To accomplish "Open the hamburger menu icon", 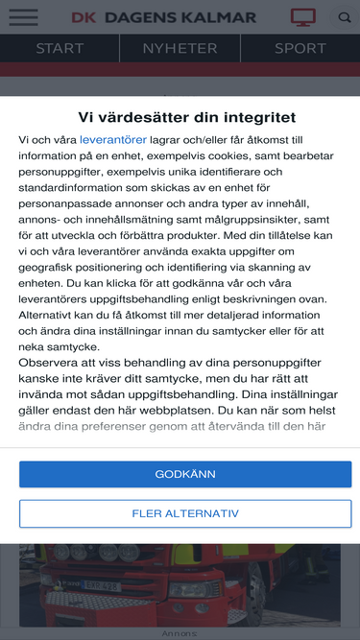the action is [23, 17].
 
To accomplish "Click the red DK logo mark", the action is [84, 17].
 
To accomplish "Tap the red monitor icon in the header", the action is [303, 17].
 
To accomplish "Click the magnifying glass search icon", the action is [345, 17].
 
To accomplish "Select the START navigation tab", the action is [60, 48].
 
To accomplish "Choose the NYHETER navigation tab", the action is [180, 48].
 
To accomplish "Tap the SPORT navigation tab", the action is [300, 48].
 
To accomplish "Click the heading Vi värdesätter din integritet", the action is [180, 117].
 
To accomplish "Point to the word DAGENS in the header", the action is [141, 17].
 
